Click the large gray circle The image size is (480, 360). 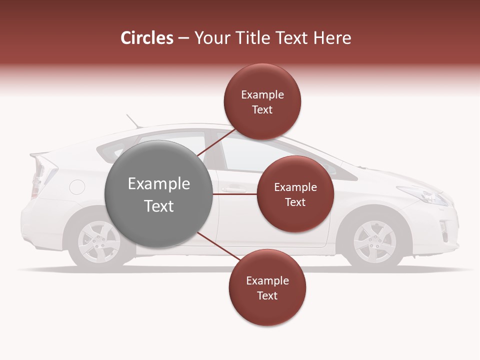point(158,194)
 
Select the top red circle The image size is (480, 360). point(262,101)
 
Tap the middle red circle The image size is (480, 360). point(295,194)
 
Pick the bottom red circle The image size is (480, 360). point(267,287)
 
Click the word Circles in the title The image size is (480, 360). point(147,38)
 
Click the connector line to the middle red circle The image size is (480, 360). point(234,194)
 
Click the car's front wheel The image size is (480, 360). point(374,241)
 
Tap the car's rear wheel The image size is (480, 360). point(99,241)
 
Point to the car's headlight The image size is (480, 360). point(425,195)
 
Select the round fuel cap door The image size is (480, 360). point(77,187)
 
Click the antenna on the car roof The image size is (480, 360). point(132,121)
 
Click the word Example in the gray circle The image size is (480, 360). point(158,184)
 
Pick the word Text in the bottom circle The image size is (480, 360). point(267,295)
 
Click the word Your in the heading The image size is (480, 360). point(210,38)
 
